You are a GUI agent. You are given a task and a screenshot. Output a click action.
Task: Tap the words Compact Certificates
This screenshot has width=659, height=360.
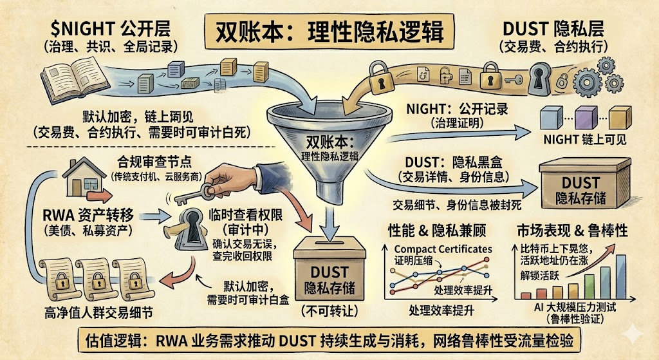[443, 249]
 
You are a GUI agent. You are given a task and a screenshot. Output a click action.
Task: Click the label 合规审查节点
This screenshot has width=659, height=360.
[147, 161]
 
